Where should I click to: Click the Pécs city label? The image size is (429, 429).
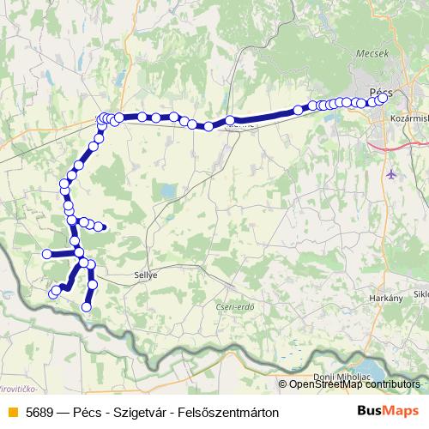tap(382, 88)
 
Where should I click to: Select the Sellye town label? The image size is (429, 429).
tap(148, 276)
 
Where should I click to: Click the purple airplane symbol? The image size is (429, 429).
tap(393, 175)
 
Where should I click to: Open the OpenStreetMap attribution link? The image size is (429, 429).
tap(354, 384)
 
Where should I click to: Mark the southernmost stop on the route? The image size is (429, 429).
tap(86, 306)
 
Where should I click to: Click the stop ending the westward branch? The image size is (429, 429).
tap(47, 253)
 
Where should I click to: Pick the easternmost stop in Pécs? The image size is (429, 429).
tap(383, 97)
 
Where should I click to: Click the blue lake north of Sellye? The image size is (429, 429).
tap(170, 190)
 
